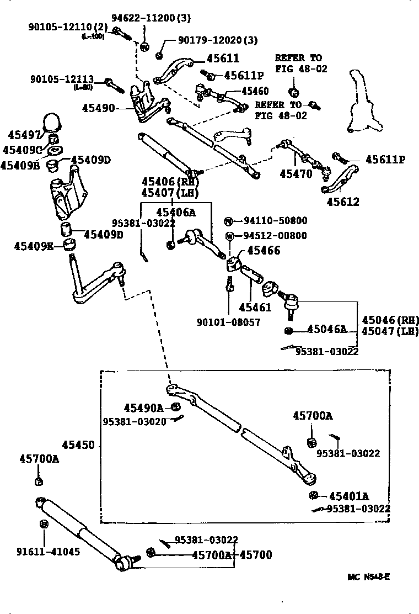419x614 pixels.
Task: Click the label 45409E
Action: click(x=34, y=246)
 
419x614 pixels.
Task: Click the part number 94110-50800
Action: click(x=275, y=221)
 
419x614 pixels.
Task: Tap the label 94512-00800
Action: click(x=275, y=236)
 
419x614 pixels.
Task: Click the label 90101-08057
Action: click(x=228, y=322)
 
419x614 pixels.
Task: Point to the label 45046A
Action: click(x=326, y=330)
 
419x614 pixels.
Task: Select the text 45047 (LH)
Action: click(x=390, y=331)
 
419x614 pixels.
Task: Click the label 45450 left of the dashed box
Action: click(x=78, y=446)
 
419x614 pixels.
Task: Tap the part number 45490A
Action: click(x=143, y=408)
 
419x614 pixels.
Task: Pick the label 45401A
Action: click(x=349, y=496)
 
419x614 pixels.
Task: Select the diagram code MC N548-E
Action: click(x=369, y=577)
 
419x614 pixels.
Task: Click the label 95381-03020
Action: click(x=135, y=421)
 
